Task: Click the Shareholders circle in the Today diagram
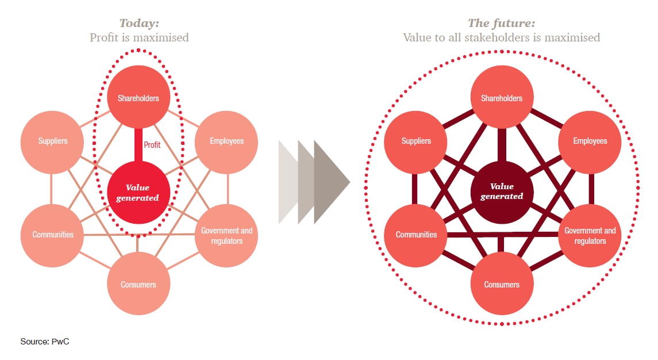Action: pos(138,98)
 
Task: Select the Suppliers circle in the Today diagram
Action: pos(52,141)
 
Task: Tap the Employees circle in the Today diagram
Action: pos(226,141)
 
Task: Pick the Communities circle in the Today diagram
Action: pos(52,234)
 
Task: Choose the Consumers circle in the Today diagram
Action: pos(138,284)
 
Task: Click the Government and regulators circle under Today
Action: pos(226,236)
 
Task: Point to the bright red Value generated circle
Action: pos(138,192)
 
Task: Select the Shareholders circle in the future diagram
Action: pos(502,98)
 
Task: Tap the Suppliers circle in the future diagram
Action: pos(415,141)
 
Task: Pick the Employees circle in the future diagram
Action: pos(590,141)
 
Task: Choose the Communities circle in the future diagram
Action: pos(415,234)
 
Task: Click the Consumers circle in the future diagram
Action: pos(502,284)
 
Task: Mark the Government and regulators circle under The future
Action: pos(590,236)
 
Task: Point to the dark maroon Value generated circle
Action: pos(502,191)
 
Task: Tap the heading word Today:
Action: pos(138,24)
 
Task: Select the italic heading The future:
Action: pos(501,24)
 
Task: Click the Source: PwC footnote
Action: pos(45,342)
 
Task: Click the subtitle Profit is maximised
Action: pos(139,38)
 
